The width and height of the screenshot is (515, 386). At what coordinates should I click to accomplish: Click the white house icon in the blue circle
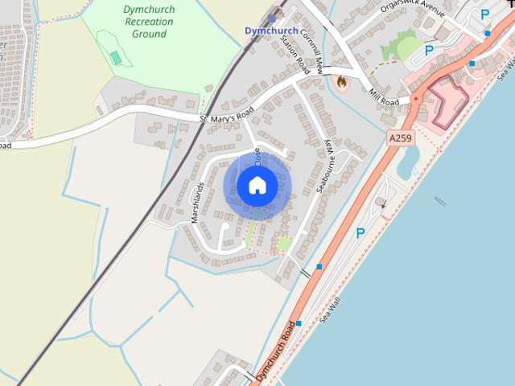[x=257, y=185]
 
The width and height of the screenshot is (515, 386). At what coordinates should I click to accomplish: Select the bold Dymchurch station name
[x=271, y=31]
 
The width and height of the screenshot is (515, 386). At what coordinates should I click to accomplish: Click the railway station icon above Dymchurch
[x=272, y=17]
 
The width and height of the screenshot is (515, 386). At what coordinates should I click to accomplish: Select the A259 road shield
[x=400, y=138]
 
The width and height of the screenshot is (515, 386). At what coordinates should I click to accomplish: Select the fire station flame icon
[x=341, y=82]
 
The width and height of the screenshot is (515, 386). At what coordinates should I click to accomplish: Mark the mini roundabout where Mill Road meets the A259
[x=416, y=99]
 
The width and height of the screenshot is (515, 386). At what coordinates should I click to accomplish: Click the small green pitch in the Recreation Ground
[x=117, y=58]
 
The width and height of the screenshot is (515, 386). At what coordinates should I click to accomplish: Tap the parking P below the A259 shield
[x=360, y=233]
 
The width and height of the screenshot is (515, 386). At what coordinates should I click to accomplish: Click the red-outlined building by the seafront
[x=450, y=103]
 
